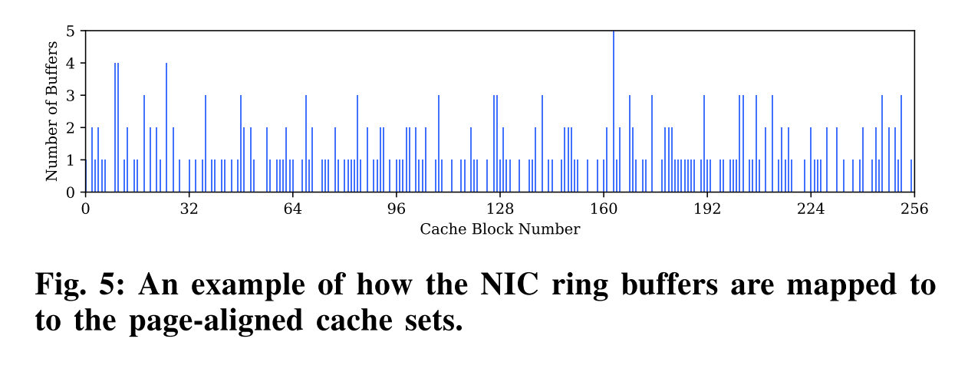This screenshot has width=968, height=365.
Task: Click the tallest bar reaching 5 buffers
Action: [614, 111]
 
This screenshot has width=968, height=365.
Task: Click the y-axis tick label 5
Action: [71, 31]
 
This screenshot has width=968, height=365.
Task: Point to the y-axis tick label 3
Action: [71, 96]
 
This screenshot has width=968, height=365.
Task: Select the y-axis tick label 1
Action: [71, 160]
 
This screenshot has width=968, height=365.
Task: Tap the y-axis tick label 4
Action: [71, 64]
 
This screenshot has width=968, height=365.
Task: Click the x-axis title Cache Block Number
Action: [499, 229]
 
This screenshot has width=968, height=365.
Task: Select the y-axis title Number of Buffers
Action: [52, 112]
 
